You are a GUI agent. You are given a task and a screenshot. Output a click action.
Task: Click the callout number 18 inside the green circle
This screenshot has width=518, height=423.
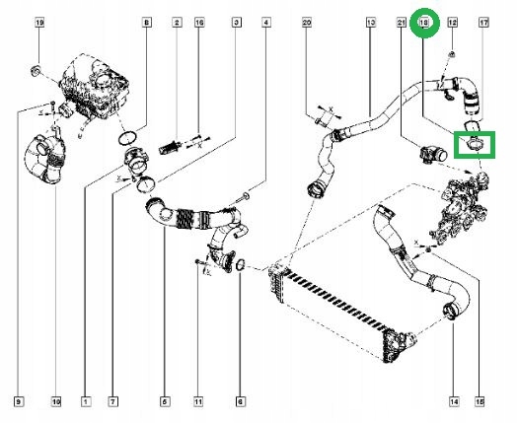click(x=425, y=21)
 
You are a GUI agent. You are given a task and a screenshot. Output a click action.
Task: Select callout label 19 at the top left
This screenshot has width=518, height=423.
click(x=39, y=22)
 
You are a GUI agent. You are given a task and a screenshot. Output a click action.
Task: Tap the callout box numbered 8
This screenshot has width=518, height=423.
click(x=147, y=22)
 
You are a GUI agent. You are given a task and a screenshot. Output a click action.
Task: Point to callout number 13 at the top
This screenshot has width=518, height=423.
click(x=370, y=22)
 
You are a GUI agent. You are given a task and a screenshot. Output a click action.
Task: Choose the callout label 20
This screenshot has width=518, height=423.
click(x=306, y=22)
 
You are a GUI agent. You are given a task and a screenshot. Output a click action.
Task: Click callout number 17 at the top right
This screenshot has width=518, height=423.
click(x=483, y=22)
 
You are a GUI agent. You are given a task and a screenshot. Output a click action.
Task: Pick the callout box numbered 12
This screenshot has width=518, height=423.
click(x=452, y=22)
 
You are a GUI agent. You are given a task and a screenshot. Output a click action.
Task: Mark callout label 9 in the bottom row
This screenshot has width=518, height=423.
click(x=18, y=400)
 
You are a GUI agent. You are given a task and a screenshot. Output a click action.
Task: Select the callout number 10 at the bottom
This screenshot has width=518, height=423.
click(x=56, y=400)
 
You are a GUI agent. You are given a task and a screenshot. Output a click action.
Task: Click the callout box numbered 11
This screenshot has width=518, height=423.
click(x=197, y=400)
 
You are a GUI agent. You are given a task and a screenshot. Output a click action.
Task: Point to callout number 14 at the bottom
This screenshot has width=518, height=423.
click(x=454, y=400)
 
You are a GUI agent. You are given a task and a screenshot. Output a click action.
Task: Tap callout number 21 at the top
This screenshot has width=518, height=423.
click(x=401, y=22)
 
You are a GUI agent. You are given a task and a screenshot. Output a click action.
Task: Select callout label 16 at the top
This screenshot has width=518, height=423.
click(x=199, y=22)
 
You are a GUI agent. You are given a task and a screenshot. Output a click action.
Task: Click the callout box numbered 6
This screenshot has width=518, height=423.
click(x=240, y=400)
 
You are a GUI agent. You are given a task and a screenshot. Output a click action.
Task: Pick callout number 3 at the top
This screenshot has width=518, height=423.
click(x=236, y=22)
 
